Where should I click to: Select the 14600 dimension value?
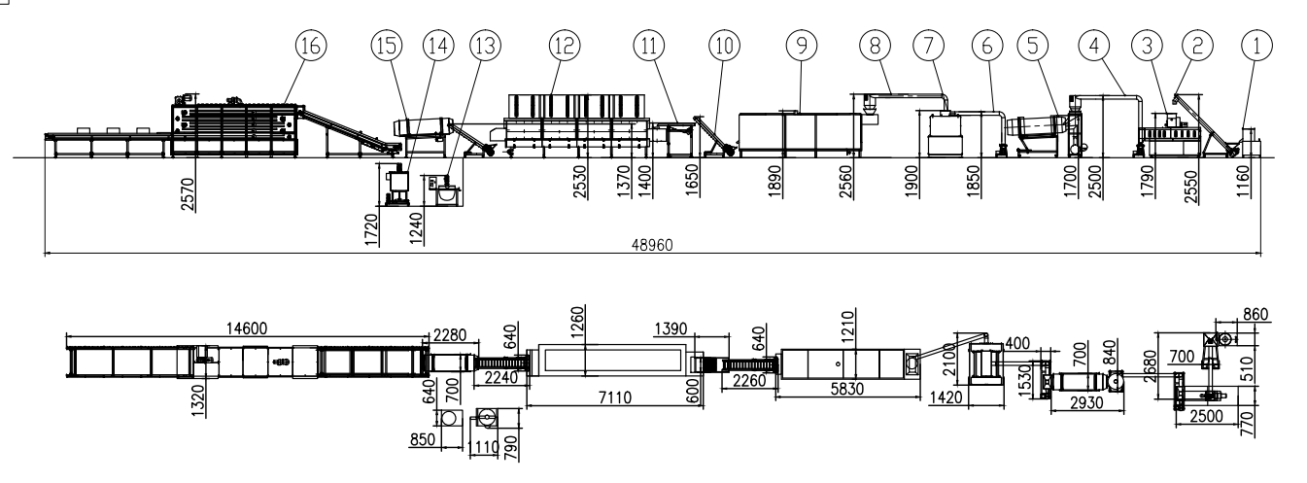coord(245,329)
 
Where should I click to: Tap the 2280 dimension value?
coord(450,335)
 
